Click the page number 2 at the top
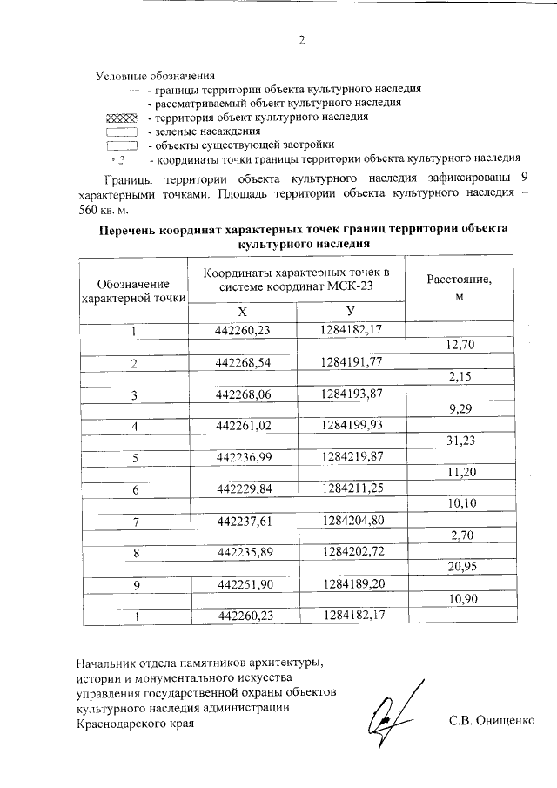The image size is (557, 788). (301, 41)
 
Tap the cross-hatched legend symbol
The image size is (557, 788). (121, 117)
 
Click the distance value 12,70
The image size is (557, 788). (459, 346)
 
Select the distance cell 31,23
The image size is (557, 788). (459, 441)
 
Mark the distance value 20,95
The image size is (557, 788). (459, 568)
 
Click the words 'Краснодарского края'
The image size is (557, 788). (136, 723)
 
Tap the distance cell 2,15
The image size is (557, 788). (459, 377)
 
